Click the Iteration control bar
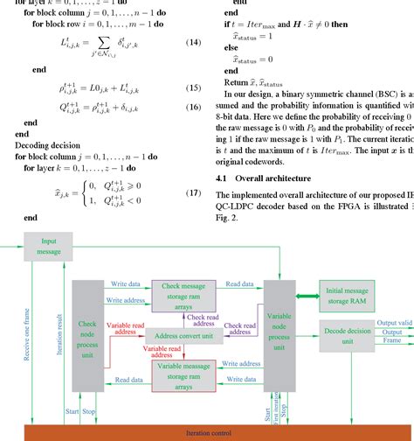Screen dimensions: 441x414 pos(206,432)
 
